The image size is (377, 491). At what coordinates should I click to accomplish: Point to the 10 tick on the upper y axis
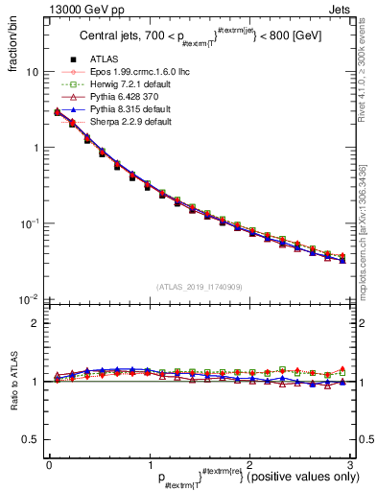[x=31, y=72]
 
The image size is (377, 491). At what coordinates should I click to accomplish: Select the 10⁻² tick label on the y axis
[x=29, y=299]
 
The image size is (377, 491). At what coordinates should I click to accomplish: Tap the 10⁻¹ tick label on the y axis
[x=29, y=223]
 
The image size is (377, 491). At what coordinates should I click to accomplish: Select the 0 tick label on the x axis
[x=48, y=464]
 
